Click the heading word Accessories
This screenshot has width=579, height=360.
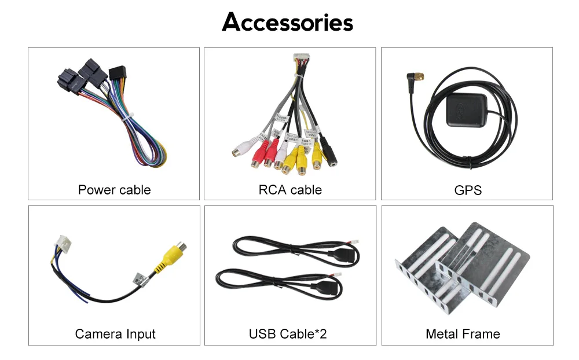click(288, 23)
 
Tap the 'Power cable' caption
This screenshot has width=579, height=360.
click(114, 190)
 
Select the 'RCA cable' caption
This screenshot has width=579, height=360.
click(290, 190)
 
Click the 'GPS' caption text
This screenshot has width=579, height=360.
click(468, 190)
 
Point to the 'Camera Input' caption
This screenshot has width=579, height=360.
click(115, 334)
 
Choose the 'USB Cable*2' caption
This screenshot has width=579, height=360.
click(288, 334)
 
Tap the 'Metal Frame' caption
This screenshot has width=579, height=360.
click(463, 334)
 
